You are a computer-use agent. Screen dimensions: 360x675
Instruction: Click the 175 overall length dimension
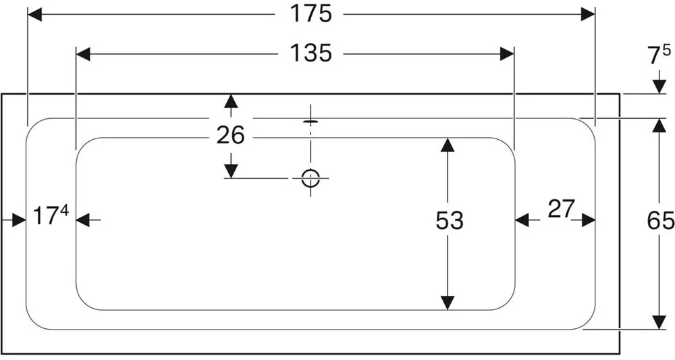pos(311,14)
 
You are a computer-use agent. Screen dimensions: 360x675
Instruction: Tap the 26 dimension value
pos(230,135)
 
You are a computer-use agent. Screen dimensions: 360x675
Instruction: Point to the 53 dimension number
pos(449,220)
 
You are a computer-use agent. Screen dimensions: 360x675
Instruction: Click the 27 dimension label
pos(561,210)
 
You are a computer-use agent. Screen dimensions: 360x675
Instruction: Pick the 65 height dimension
pos(661,221)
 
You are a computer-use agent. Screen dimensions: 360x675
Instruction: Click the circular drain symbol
pos(310,178)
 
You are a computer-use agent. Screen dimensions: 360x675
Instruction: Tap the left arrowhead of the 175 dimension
pos(34,14)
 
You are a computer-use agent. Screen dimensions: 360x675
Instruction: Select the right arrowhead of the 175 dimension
pos(588,14)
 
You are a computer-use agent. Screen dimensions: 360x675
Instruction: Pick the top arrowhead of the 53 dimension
pos(446,145)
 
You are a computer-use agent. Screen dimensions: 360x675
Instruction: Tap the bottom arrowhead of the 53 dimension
pos(446,303)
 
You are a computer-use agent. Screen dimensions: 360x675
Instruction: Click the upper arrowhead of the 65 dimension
pos(656,125)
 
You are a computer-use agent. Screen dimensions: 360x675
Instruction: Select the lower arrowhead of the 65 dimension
pos(656,322)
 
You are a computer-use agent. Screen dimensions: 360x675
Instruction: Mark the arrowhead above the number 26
pos(231,101)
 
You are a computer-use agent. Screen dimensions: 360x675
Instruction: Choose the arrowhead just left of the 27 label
pos(522,220)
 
